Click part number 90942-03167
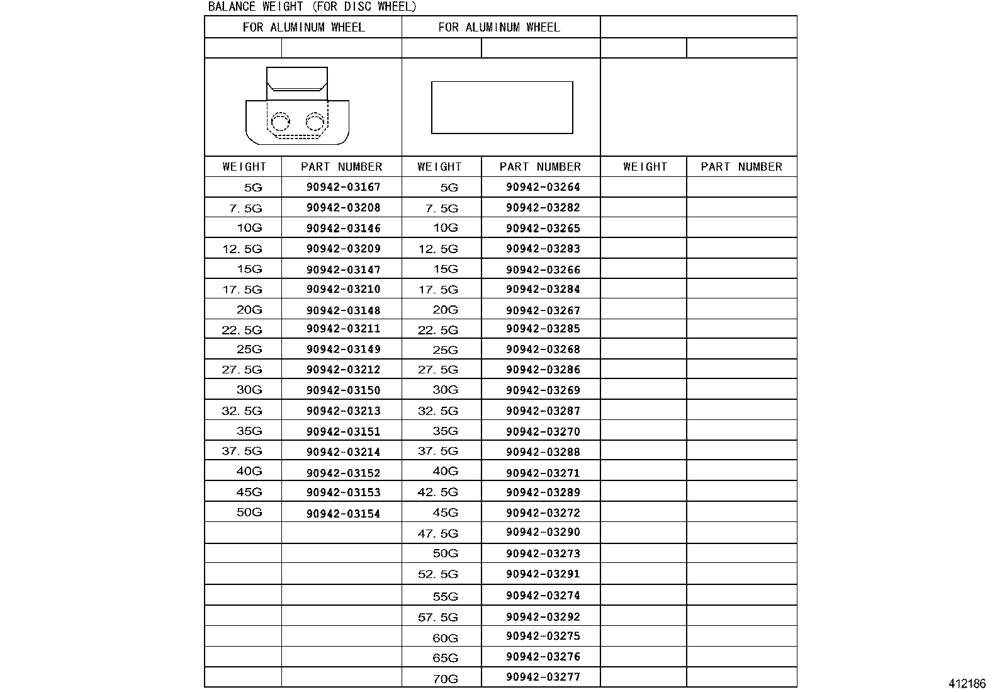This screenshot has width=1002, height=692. point(344,187)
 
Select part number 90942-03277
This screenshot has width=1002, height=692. point(543,677)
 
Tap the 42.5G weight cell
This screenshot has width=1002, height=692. point(438,492)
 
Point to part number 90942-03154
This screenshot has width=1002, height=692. point(344,513)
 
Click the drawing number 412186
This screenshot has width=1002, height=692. point(967,684)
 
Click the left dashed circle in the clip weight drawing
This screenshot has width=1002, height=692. point(280,121)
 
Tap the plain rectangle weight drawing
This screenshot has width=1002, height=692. point(502,107)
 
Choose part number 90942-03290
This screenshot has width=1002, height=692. point(543,533)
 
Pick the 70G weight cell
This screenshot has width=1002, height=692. point(445,679)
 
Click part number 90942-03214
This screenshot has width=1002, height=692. point(344,451)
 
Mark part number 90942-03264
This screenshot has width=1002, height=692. point(543,187)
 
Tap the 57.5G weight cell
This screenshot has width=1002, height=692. point(438,617)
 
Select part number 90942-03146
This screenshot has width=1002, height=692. point(344,228)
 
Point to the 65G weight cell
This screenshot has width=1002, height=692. point(445,658)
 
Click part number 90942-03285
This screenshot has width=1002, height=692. point(543,329)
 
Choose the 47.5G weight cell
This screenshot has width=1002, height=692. point(438,534)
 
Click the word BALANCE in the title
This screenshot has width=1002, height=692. point(230,7)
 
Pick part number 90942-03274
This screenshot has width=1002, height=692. point(543,596)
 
